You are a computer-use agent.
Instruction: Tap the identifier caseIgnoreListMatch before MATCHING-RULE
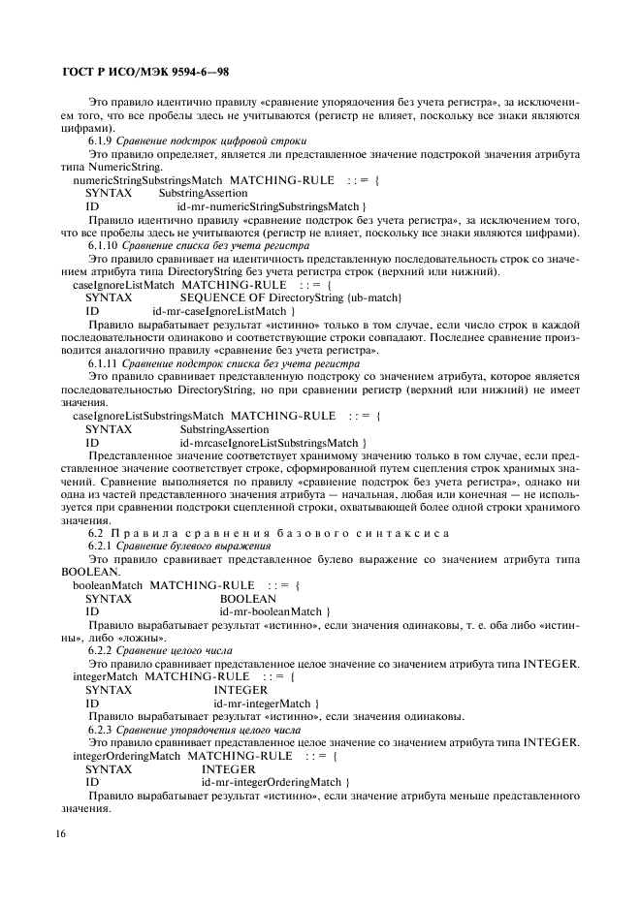[124, 286]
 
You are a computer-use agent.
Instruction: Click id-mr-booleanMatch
[276, 611]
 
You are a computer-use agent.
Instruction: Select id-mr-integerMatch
[267, 704]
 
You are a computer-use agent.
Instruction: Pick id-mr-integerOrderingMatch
[275, 781]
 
